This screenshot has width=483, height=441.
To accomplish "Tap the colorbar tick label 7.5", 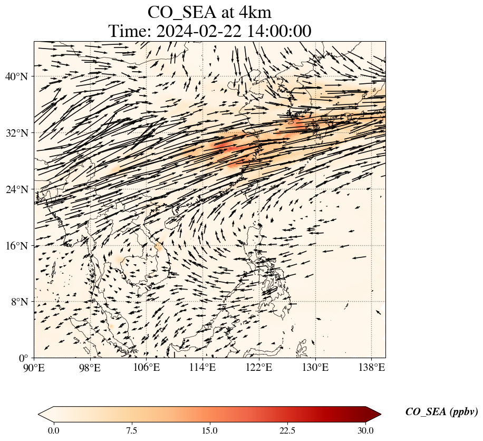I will [131, 430].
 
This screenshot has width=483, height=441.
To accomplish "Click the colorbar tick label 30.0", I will [365, 430].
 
